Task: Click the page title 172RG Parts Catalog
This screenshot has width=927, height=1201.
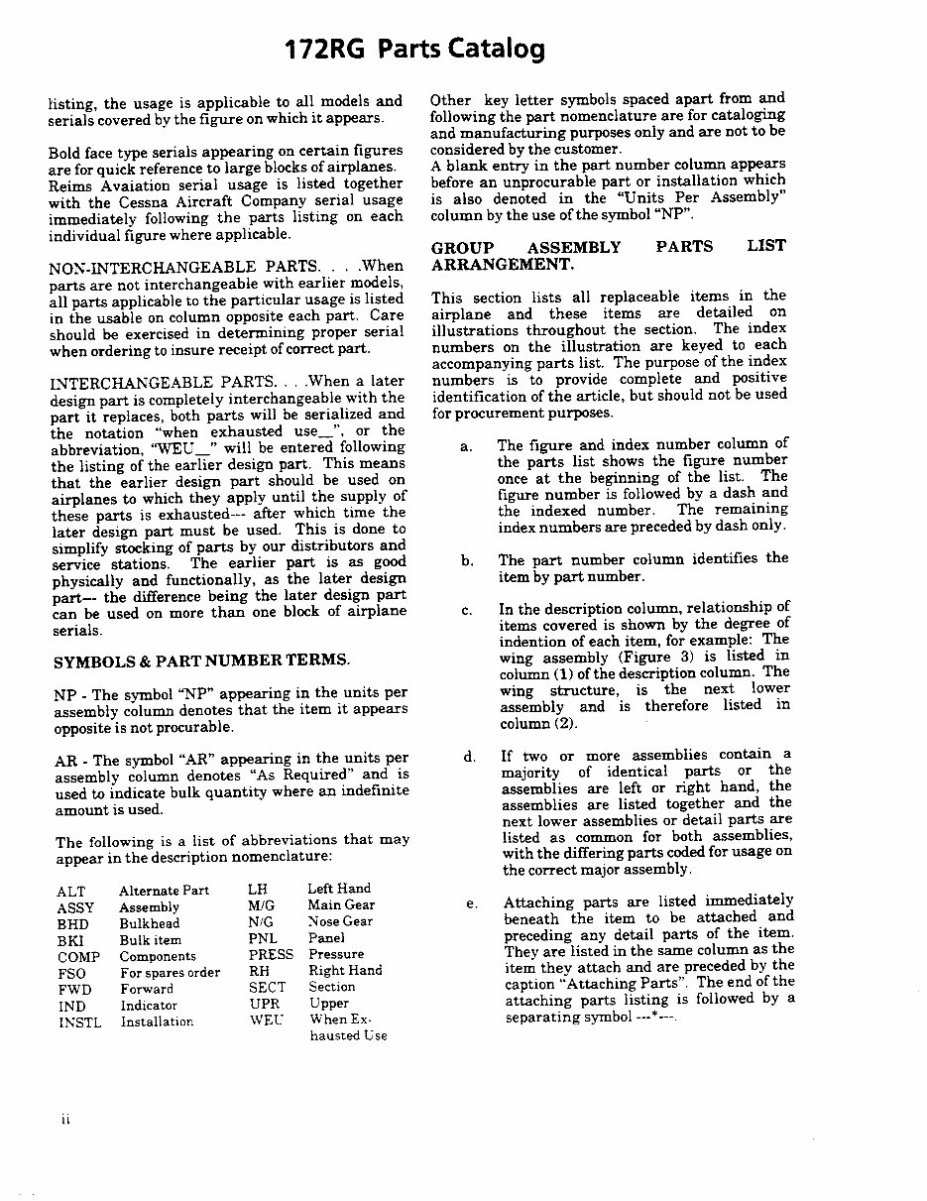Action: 413,49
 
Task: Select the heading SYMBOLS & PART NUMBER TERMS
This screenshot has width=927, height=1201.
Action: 200,661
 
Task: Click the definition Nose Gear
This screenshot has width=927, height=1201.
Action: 340,921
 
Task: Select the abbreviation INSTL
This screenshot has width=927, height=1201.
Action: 79,1022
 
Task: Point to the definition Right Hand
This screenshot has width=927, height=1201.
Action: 344,971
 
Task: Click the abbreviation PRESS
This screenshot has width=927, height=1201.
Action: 271,954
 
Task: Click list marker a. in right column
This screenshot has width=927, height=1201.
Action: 465,446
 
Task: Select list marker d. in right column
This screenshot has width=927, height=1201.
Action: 468,757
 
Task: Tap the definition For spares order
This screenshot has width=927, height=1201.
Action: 170,973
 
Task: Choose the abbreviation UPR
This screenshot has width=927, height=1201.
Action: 264,1004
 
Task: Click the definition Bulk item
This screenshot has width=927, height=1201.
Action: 150,940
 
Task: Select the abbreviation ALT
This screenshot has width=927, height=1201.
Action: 71,892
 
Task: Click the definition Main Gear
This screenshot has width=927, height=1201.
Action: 340,904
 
